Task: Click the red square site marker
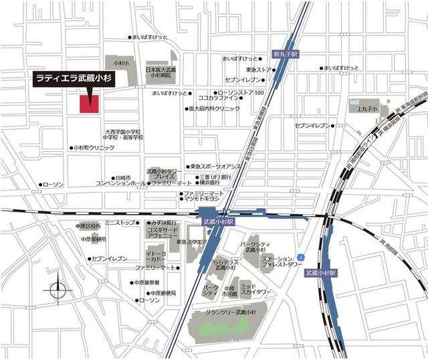(89, 103)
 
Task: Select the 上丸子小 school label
(367, 108)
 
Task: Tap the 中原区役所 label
(90, 226)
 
